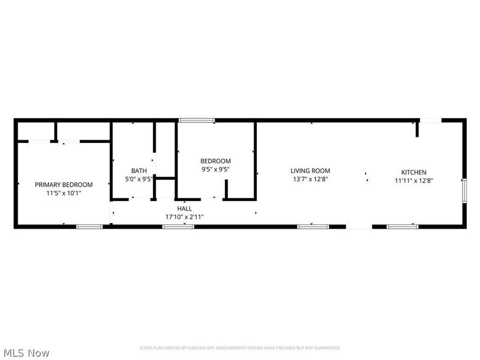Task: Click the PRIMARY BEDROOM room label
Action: click(64, 185)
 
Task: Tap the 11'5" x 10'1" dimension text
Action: click(64, 193)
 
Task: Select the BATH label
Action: click(139, 170)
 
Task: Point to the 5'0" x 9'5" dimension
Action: click(139, 179)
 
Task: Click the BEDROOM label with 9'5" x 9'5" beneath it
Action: click(215, 161)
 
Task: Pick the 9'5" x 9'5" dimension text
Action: click(215, 169)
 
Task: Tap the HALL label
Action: click(184, 208)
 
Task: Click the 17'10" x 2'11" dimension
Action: click(184, 217)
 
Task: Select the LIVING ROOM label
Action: click(310, 171)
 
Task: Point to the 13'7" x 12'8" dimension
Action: click(310, 179)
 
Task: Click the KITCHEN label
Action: click(414, 172)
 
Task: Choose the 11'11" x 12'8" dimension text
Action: click(414, 181)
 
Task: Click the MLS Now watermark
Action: click(25, 353)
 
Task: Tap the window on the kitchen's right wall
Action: click(464, 191)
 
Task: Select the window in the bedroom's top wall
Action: click(197, 121)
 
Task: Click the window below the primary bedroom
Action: click(89, 226)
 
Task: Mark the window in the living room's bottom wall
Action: click(313, 226)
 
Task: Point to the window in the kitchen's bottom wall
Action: click(402, 226)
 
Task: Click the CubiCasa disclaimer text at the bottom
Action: click(240, 348)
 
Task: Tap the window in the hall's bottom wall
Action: click(179, 226)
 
